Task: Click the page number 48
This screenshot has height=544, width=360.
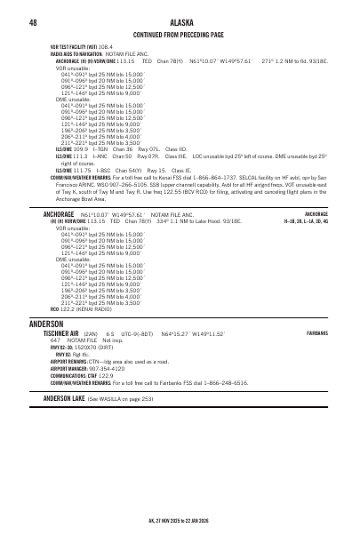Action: [33, 22]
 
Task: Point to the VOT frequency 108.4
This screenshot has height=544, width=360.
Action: [106, 47]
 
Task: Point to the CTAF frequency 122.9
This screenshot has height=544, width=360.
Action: [105, 376]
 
